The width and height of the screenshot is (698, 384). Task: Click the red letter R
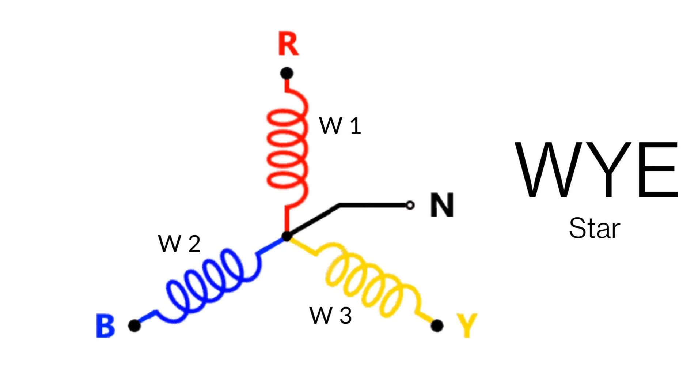288,44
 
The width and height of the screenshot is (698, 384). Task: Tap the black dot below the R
287,73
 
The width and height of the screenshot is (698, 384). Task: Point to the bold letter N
442,205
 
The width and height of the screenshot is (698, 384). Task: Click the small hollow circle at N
410,205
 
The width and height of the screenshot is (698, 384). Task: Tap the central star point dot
287,237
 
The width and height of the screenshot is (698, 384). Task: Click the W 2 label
179,244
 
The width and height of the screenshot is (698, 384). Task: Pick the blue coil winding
208,282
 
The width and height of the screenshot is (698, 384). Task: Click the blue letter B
105,325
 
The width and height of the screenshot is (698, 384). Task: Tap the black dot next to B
134,325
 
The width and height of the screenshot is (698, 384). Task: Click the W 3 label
330,315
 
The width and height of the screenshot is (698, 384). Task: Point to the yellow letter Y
467,325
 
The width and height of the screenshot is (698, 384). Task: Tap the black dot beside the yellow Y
437,325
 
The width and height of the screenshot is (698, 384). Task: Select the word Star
594,229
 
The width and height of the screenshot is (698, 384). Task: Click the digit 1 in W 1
355,126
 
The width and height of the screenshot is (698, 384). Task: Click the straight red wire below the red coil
287,219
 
